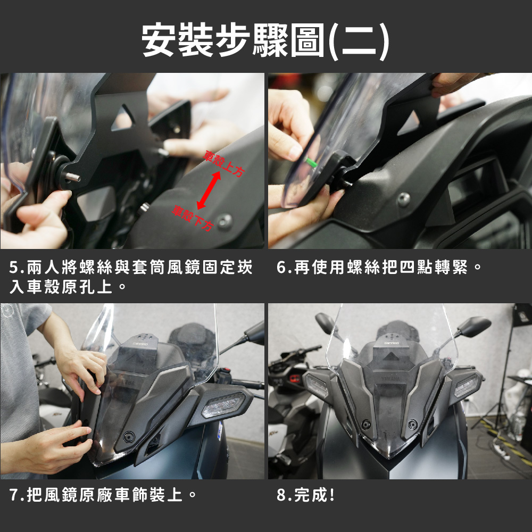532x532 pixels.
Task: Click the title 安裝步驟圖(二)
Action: click(x=265, y=40)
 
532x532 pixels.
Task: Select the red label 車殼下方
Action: click(x=193, y=218)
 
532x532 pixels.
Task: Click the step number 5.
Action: click(x=14, y=268)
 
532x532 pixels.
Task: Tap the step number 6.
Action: click(x=281, y=267)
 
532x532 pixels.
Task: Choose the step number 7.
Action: click(x=14, y=495)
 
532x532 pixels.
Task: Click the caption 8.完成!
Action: click(x=305, y=495)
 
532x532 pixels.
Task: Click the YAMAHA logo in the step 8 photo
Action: click(x=390, y=379)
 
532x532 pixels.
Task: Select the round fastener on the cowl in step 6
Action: click(x=403, y=199)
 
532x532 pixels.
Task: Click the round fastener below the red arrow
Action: click(x=225, y=221)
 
